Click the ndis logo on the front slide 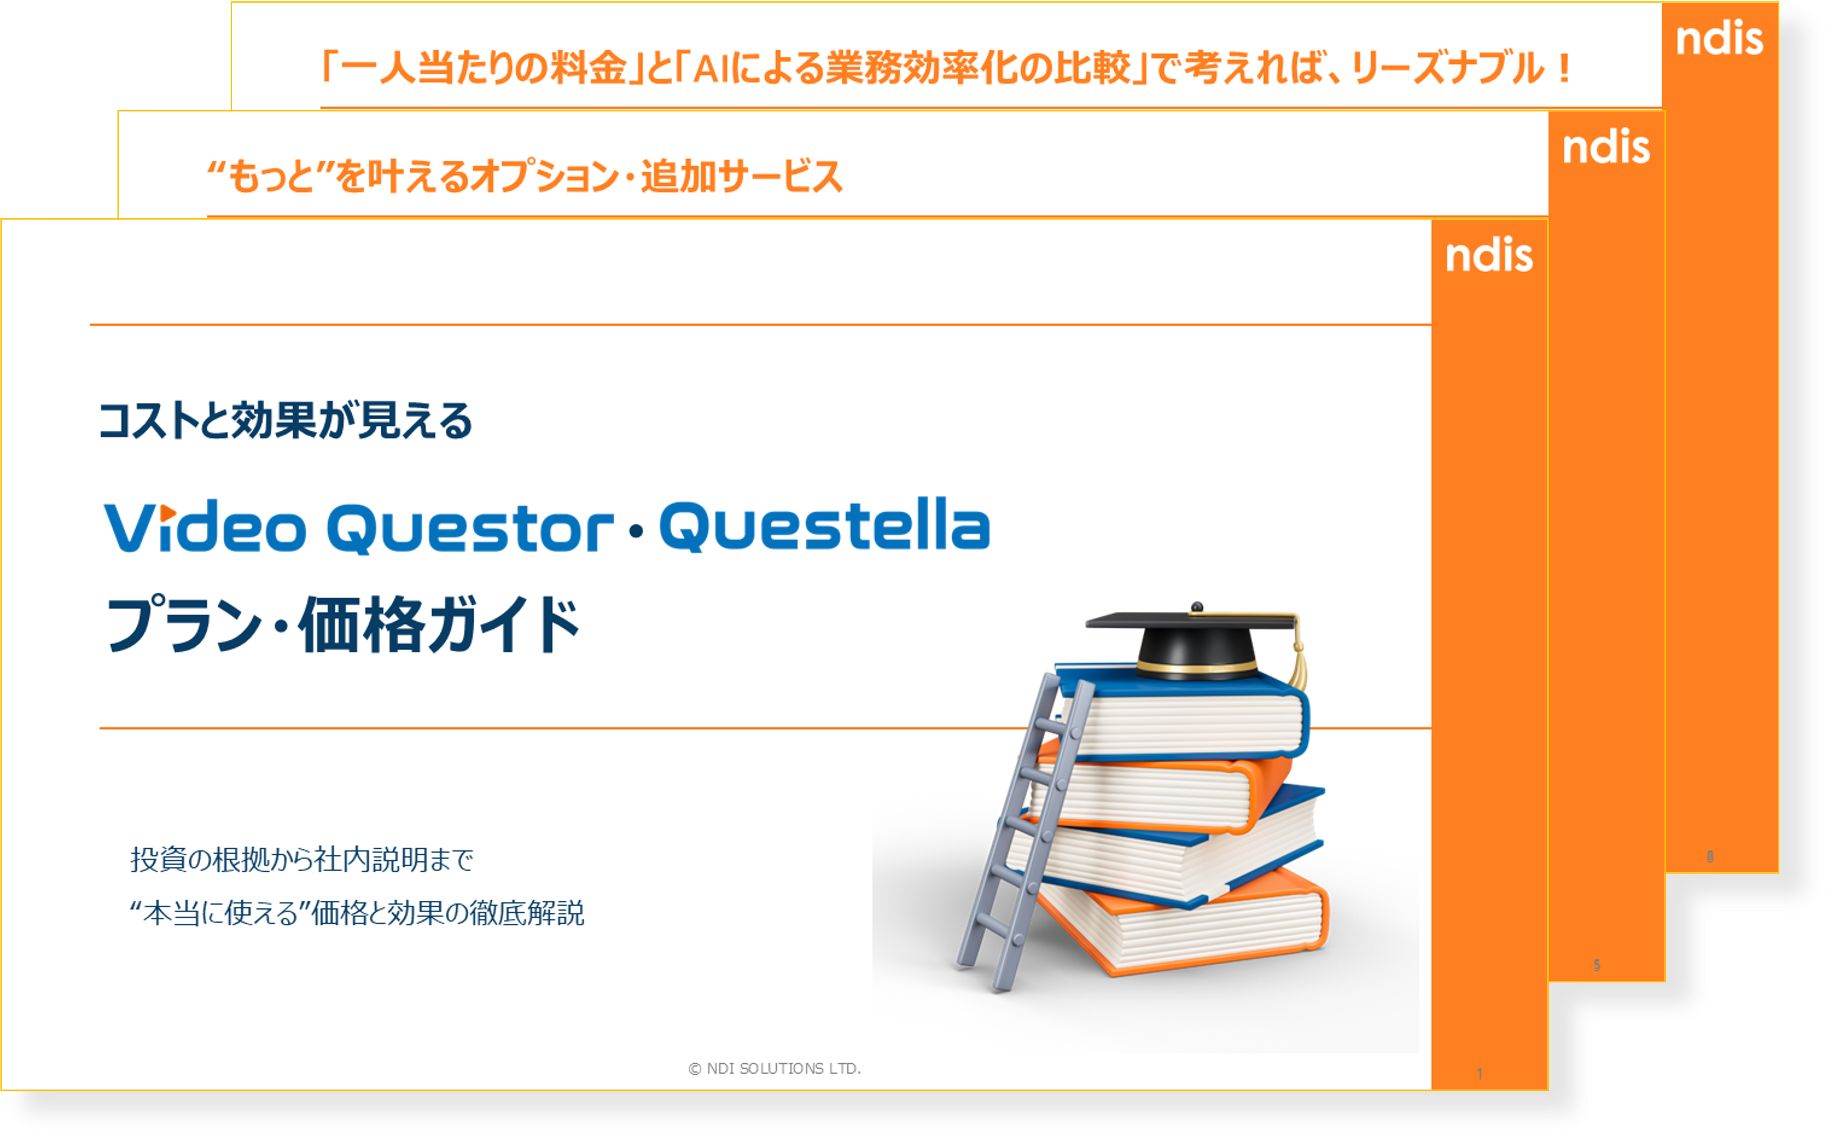[x=1488, y=256]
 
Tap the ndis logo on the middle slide [x=1605, y=147]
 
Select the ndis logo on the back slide [x=1720, y=39]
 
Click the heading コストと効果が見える [x=285, y=421]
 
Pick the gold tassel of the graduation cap [x=1297, y=664]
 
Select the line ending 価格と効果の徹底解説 [x=357, y=913]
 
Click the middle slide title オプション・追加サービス [x=525, y=178]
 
